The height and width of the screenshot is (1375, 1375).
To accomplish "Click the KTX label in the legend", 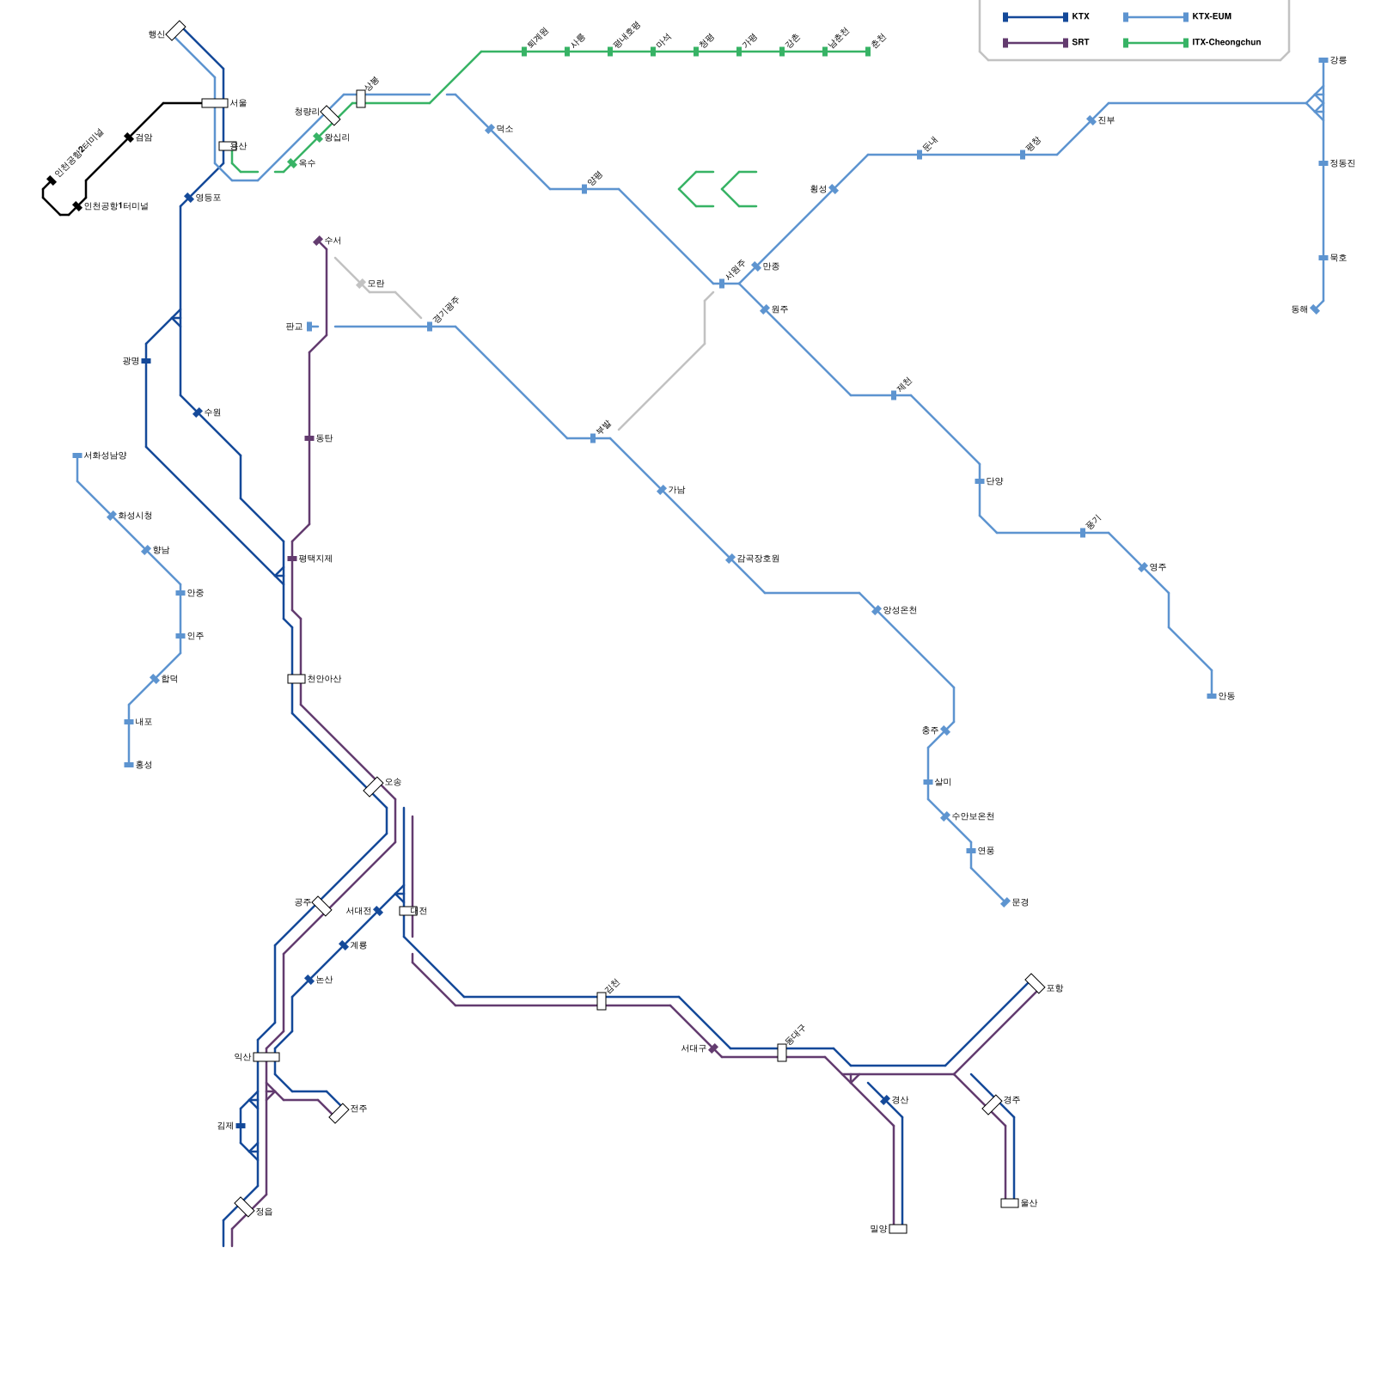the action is tap(1080, 17).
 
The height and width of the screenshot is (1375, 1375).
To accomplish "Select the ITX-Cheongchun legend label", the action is tap(1226, 42).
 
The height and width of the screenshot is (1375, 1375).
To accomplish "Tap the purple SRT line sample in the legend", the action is tap(1035, 42).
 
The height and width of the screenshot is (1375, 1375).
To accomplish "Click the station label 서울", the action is tap(238, 103).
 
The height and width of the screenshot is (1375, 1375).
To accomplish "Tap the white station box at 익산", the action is tap(266, 1057).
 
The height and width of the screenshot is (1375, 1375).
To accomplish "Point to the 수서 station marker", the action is tap(318, 241).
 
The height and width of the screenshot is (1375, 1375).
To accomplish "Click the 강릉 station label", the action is tap(1338, 60).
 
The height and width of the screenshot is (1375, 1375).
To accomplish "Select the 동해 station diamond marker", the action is tap(1315, 309).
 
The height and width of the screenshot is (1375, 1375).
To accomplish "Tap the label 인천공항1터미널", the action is tap(116, 206).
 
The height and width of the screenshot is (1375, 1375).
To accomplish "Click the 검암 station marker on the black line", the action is tap(129, 137).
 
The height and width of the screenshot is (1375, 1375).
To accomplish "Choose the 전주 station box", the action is tap(339, 1113).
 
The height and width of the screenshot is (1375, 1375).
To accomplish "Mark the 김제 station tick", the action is tap(241, 1126).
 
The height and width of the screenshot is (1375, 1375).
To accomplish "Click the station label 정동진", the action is tap(1341, 163).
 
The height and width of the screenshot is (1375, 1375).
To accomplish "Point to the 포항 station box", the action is tap(1035, 984).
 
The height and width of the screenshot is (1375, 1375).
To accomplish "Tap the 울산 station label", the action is tap(1029, 1203).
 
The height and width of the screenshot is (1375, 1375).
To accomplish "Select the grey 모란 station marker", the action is tap(361, 284).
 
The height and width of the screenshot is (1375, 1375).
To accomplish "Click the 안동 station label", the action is tap(1226, 696).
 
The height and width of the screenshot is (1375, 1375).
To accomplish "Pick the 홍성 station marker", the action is tap(129, 765).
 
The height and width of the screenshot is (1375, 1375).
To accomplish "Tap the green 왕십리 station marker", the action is tap(318, 137).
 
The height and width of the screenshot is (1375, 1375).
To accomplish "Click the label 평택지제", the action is tap(315, 559).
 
